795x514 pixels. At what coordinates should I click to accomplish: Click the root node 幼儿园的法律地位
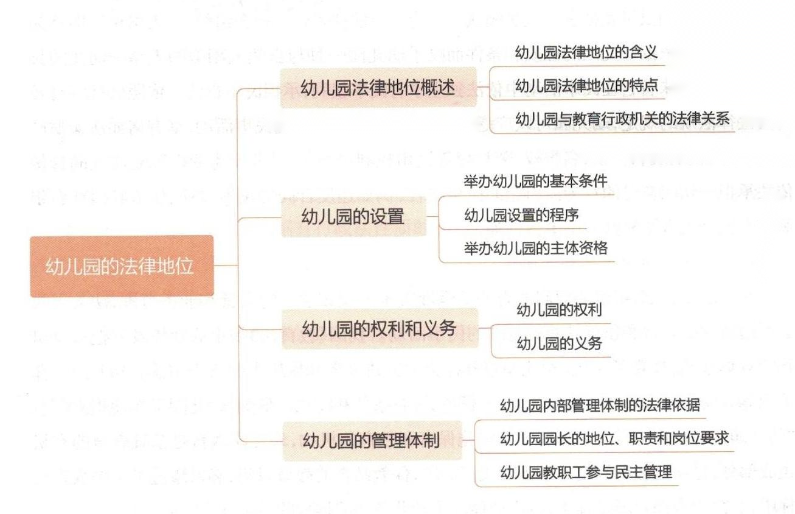(122, 266)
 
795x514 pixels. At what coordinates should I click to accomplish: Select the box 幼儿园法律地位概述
(378, 88)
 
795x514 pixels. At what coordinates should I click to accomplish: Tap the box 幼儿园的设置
(353, 216)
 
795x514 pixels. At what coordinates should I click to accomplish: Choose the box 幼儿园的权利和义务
(379, 328)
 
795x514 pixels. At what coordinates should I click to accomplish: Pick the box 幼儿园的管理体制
(371, 440)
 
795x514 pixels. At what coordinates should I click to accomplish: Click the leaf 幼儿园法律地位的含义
(586, 52)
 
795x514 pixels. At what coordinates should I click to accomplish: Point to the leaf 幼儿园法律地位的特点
(586, 85)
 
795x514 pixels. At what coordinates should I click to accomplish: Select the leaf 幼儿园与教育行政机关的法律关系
(622, 118)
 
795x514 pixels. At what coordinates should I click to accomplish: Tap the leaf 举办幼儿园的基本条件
(535, 181)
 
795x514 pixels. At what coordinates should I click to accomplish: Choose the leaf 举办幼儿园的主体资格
(535, 248)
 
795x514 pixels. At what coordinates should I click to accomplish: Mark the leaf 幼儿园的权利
(559, 310)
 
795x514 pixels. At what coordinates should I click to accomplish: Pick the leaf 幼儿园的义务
(559, 343)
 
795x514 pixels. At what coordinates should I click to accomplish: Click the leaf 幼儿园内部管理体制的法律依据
(599, 405)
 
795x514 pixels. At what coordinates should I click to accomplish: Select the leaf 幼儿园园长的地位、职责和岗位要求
(614, 438)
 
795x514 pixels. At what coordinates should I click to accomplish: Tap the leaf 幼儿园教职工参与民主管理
(586, 472)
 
